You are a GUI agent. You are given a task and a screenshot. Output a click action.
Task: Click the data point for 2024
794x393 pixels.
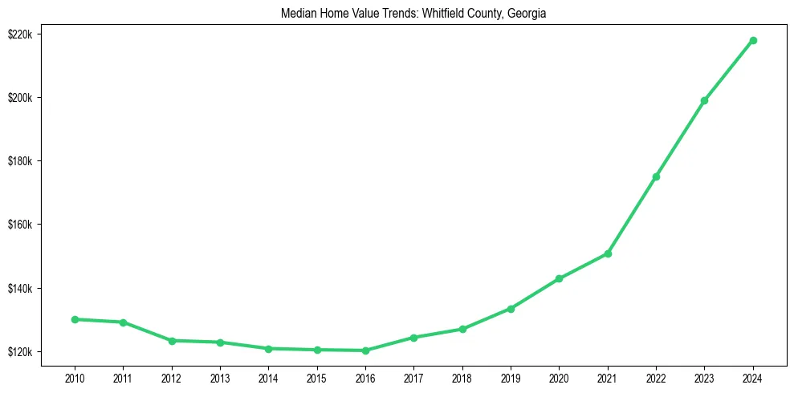[753, 40]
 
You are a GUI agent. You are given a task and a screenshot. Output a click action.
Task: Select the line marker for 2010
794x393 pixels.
[75, 319]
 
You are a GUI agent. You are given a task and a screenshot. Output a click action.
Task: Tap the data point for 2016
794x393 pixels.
[365, 350]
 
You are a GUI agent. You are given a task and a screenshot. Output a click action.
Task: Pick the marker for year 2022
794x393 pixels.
[656, 176]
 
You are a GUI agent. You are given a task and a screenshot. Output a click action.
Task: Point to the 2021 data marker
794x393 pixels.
[608, 253]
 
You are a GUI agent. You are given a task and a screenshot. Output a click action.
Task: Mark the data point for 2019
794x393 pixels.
[511, 309]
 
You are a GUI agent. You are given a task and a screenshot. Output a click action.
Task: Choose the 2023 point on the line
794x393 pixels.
[704, 100]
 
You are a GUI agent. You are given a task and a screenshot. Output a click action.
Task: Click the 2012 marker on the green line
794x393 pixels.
[172, 341]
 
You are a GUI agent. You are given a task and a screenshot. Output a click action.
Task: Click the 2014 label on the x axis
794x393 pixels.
[268, 376]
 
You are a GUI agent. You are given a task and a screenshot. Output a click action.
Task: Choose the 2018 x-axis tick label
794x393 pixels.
[462, 376]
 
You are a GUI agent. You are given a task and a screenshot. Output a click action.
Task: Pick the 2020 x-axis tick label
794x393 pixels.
[559, 376]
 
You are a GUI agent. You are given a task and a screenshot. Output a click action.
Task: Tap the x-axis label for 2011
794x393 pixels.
[123, 376]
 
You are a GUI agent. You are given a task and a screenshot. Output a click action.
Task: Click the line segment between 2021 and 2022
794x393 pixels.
[632, 215]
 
